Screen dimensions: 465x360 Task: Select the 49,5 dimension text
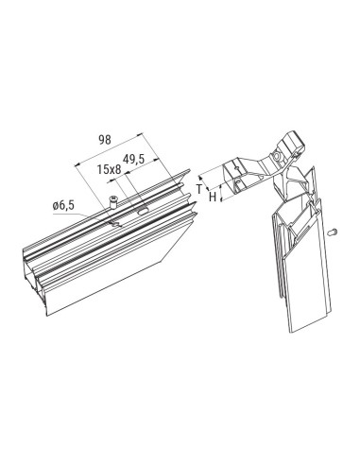tap(134, 160)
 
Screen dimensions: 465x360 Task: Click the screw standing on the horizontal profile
tap(112, 200)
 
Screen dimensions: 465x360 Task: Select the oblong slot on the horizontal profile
tap(143, 211)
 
